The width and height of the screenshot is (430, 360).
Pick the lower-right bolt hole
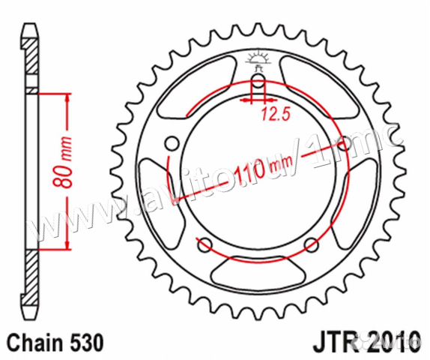(x=311, y=242)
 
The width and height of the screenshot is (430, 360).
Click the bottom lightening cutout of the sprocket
(x=258, y=271)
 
